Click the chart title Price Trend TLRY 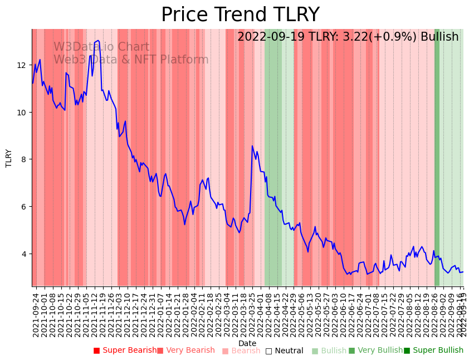click(240, 15)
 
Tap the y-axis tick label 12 click(22, 65)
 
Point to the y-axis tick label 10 click(22, 113)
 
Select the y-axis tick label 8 click(24, 159)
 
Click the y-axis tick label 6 click(24, 207)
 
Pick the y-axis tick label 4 click(24, 254)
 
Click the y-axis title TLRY click(9, 158)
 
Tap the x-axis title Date click(247, 343)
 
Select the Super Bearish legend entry click(125, 351)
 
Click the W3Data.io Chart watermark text click(101, 47)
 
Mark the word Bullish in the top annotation click(439, 37)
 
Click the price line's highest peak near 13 click(98, 41)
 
